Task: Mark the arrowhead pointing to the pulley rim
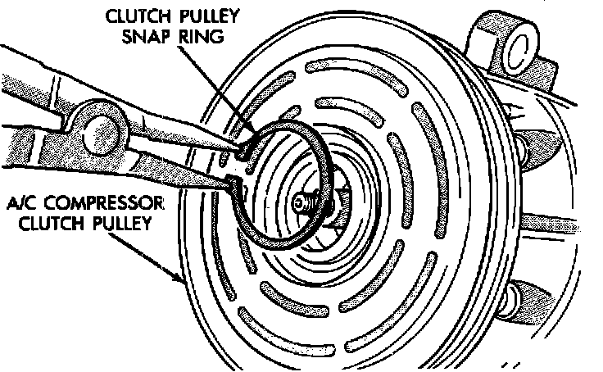point(181,279)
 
